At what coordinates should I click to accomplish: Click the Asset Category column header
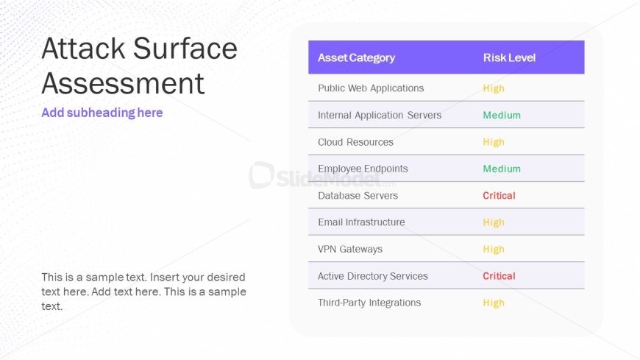coord(356,58)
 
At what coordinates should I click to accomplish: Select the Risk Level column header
coord(509,57)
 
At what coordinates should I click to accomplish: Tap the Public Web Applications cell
coord(371,88)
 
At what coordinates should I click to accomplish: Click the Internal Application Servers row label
coord(379,116)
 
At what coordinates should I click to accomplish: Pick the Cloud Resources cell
coord(355,142)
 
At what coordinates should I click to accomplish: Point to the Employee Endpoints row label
coord(363,169)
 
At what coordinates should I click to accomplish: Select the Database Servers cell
coord(358,196)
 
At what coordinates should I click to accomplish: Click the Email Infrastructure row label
coord(361,222)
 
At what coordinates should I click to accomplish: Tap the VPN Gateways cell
coord(350,250)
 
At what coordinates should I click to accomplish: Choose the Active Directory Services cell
coord(373,276)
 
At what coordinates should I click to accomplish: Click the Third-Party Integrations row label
coord(369,303)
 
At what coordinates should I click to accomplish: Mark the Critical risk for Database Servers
coord(499,196)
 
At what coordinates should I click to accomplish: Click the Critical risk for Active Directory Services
coord(499,276)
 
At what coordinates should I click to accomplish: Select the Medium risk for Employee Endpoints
coord(502,169)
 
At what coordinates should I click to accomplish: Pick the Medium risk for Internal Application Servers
coord(502,116)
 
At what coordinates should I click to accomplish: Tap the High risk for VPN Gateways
coord(494,250)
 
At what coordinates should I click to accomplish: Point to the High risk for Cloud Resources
coord(494,142)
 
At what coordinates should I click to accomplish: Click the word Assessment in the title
coord(123,83)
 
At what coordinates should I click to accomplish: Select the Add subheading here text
coord(102,113)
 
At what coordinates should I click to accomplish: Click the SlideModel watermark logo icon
coord(261,175)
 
